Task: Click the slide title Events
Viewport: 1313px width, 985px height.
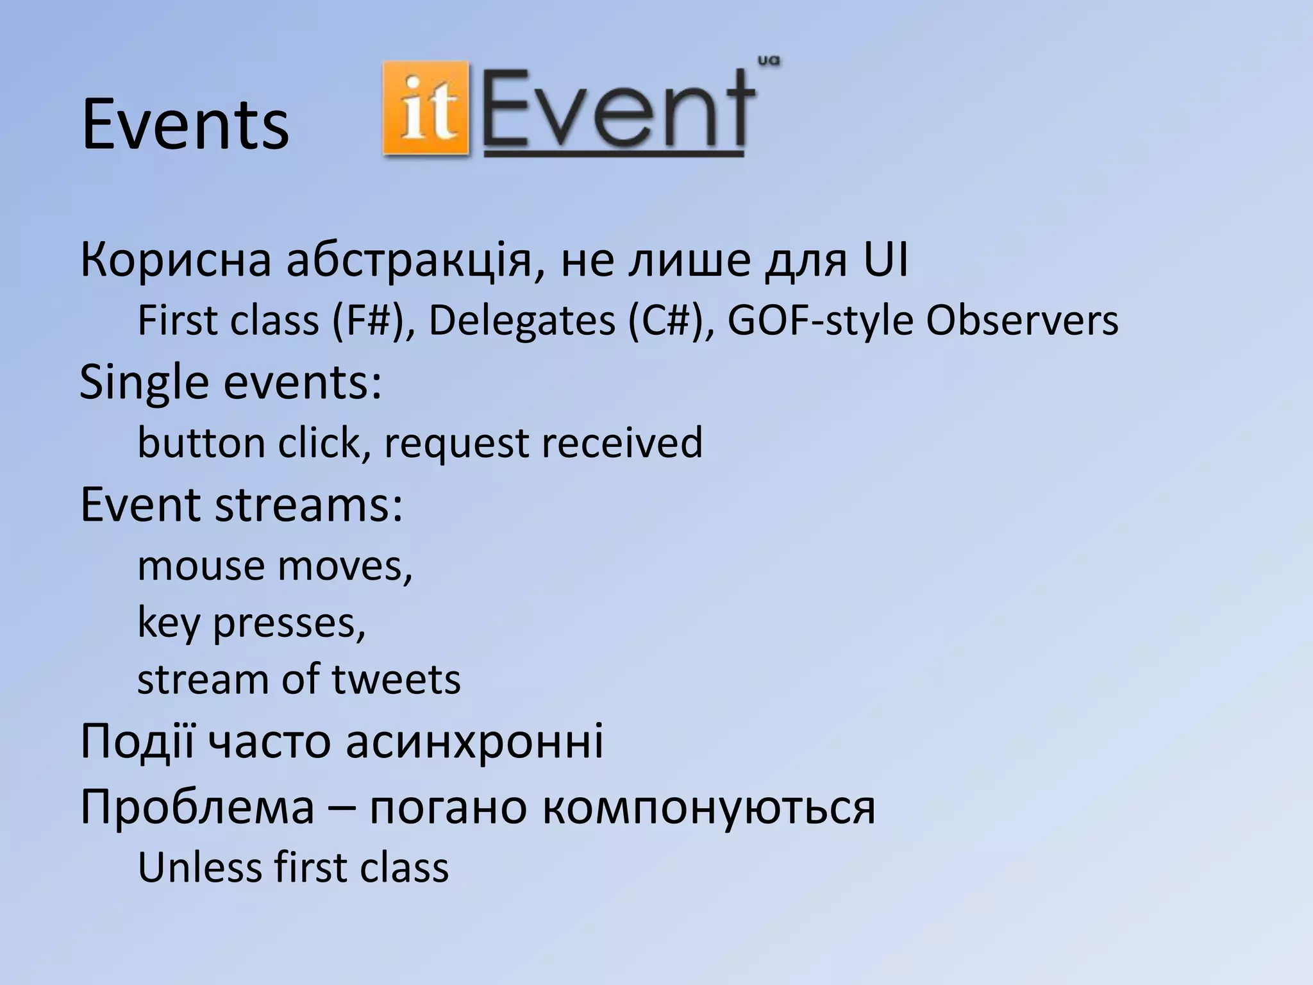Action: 185,125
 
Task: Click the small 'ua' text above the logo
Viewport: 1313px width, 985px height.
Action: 768,62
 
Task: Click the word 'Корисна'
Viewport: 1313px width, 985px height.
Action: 176,261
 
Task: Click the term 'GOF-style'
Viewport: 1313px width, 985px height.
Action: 820,320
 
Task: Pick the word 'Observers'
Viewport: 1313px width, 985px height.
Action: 1022,320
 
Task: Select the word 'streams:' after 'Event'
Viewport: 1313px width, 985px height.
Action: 308,504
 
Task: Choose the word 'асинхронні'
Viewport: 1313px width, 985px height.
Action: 474,741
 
